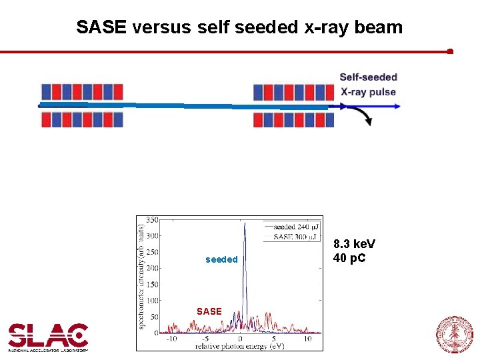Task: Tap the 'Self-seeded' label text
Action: click(x=368, y=77)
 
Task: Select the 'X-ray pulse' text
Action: click(x=368, y=92)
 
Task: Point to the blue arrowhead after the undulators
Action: click(x=396, y=106)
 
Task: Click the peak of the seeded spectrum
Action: click(x=245, y=225)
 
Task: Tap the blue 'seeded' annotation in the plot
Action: click(x=221, y=259)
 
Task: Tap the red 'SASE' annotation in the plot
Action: click(x=209, y=311)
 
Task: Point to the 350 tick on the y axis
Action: click(x=152, y=220)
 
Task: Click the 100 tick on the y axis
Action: click(x=152, y=301)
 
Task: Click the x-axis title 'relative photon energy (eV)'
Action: click(x=239, y=347)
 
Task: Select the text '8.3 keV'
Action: click(x=354, y=245)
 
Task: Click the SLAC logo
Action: click(x=48, y=337)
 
